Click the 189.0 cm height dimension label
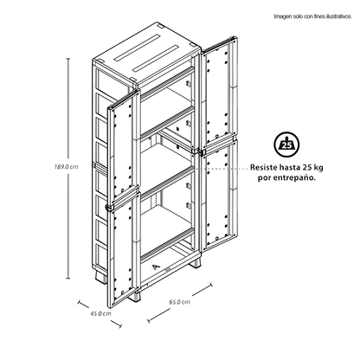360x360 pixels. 67,167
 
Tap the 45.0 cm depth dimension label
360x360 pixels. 100,313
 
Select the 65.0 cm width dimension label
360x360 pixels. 179,302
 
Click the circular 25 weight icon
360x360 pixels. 287,145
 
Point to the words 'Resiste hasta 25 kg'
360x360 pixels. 286,167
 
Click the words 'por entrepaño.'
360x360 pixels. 286,178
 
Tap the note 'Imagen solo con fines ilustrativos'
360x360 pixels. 312,16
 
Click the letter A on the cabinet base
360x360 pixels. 156,267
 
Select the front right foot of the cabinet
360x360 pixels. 135,296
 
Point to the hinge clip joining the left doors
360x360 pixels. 110,208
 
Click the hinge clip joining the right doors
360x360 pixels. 201,151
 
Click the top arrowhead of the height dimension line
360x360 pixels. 68,59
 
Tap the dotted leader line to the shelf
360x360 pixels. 222,167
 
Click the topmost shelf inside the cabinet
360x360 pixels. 167,84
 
